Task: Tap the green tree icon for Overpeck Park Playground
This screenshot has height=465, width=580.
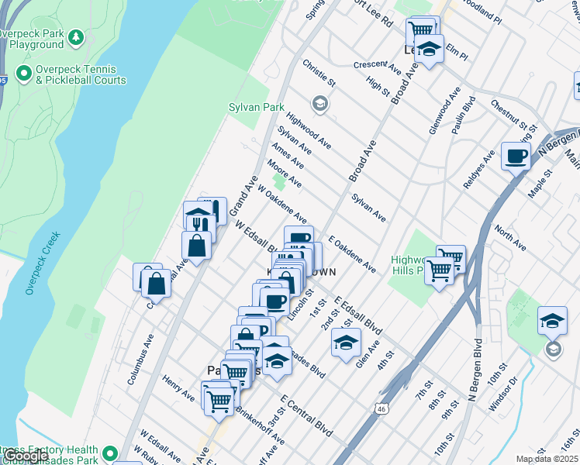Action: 76,36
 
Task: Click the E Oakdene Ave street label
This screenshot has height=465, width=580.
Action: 352,255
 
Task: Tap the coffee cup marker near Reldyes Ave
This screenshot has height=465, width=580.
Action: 516,157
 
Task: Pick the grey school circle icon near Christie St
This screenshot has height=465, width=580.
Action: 319,104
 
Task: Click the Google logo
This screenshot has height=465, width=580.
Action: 25,456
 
